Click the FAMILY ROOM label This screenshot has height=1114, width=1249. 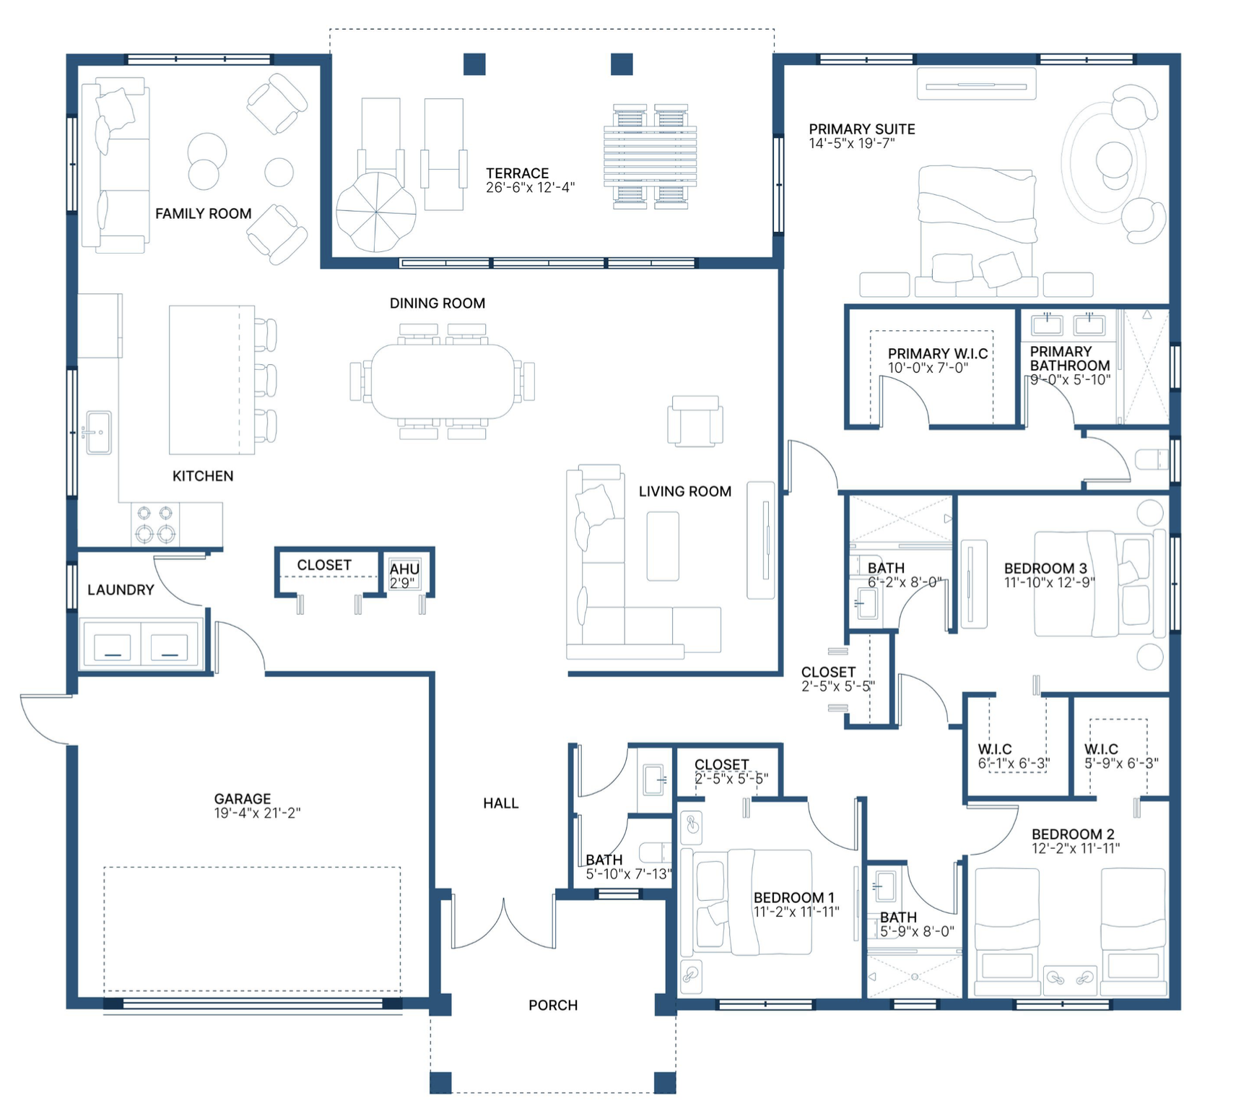tap(204, 214)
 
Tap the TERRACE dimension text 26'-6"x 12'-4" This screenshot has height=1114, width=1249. tap(531, 188)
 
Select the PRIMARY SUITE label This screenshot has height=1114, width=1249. tap(862, 129)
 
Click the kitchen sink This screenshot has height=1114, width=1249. tap(98, 433)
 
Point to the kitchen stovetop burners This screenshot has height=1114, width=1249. tap(155, 524)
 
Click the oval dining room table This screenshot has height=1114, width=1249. tap(443, 381)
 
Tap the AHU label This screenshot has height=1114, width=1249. tap(404, 569)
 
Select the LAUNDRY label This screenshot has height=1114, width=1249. tap(121, 590)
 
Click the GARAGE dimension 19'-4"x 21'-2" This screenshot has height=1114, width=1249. tap(257, 813)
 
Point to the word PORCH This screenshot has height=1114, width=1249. tap(553, 1006)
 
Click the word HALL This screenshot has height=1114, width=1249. tap(501, 803)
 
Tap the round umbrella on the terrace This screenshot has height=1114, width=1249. tap(376, 212)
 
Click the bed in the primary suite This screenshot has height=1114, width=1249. tap(977, 228)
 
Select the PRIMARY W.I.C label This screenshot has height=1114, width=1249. tap(938, 354)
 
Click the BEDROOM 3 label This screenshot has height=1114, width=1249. tap(1045, 569)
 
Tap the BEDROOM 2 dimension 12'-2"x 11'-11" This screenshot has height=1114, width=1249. tap(1076, 849)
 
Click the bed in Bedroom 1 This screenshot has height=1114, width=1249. tap(752, 902)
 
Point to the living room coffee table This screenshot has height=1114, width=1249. tap(663, 546)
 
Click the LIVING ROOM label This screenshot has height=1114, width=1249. tap(685, 492)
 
